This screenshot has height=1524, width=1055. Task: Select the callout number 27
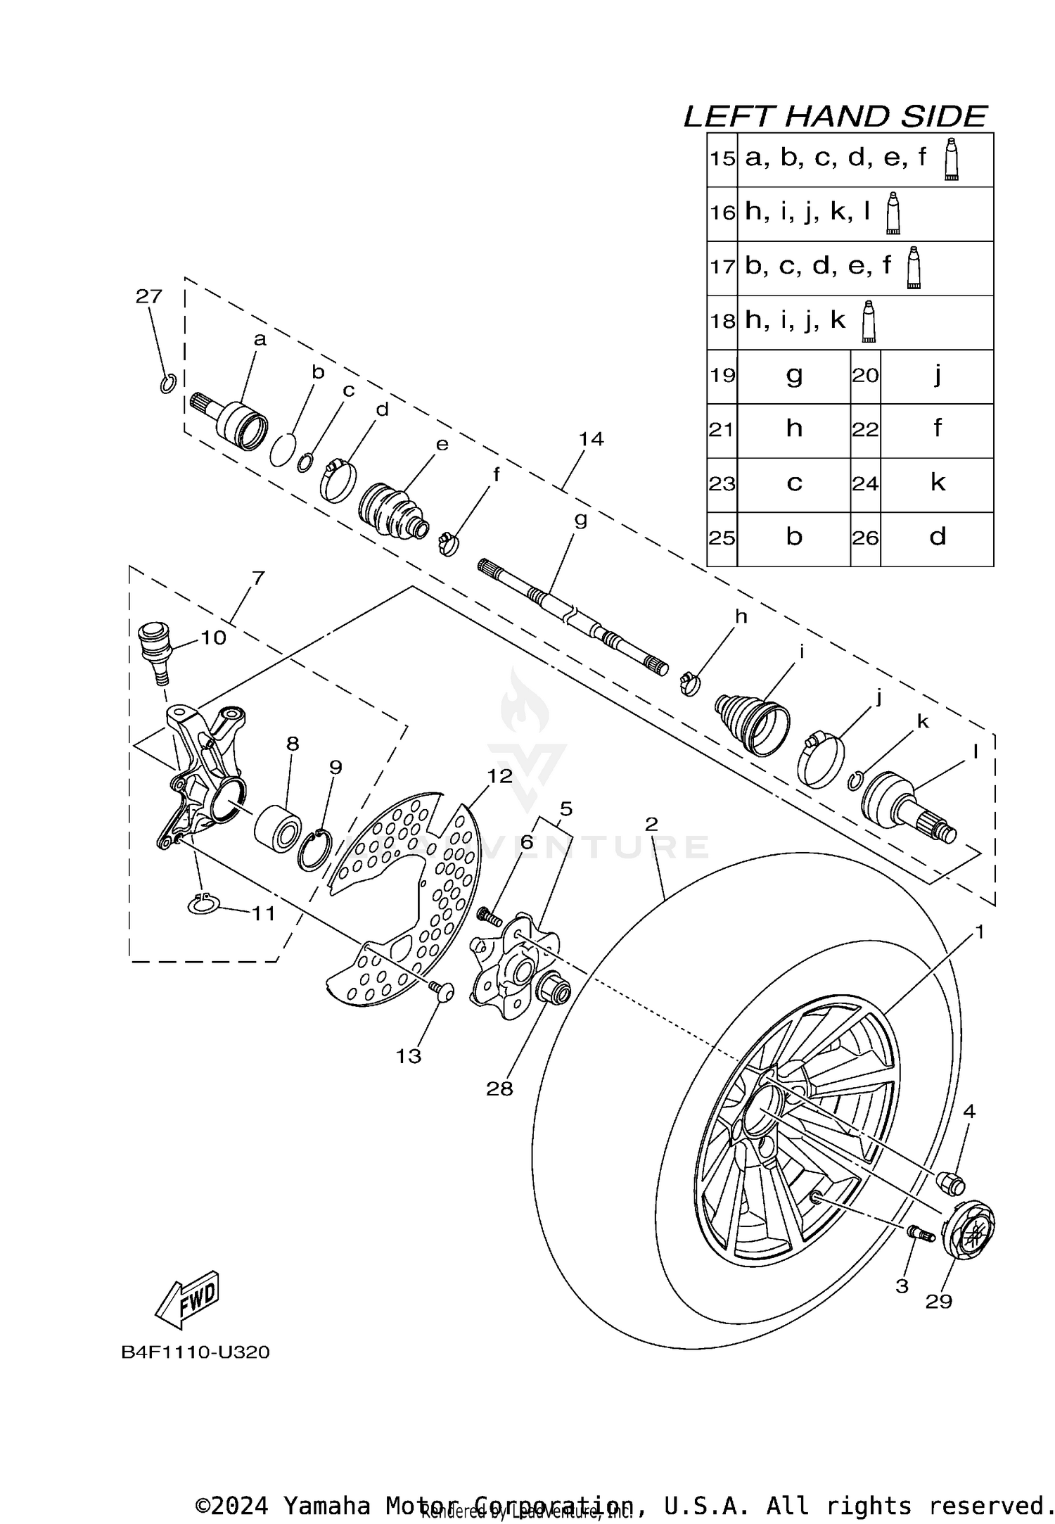tap(148, 296)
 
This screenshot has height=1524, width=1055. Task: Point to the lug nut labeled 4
tap(952, 1183)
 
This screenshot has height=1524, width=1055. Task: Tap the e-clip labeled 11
tap(204, 905)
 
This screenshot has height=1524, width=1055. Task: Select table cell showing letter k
tap(937, 483)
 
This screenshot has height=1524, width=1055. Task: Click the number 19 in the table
tap(722, 376)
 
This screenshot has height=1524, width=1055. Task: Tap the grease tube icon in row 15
tap(951, 160)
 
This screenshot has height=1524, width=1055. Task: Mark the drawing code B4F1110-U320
tap(196, 1352)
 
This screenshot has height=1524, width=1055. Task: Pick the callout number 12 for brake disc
tap(500, 776)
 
